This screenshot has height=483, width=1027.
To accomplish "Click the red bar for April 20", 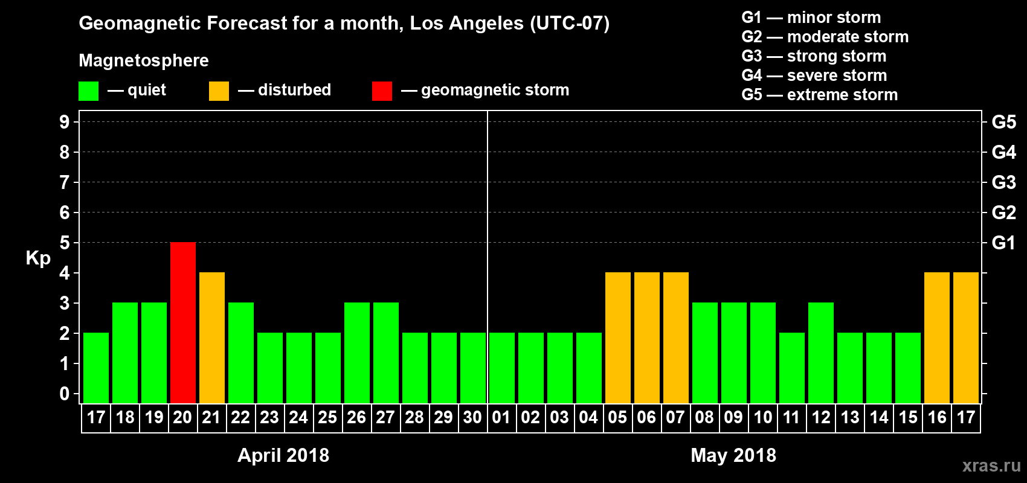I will [183, 322].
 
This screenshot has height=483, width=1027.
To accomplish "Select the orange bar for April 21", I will [212, 337].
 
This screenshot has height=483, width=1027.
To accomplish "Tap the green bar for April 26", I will [357, 353].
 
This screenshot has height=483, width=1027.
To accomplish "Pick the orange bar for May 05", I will [618, 337].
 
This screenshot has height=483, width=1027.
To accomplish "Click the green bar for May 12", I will [821, 353].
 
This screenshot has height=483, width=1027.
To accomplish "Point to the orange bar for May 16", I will [937, 337].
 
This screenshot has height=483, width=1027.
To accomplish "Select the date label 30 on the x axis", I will [472, 417].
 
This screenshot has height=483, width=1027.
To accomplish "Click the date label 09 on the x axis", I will [733, 417].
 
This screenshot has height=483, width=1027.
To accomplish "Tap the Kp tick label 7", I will [65, 182].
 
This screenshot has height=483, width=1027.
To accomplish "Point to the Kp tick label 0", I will [65, 394].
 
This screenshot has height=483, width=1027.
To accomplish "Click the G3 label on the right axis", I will [1003, 182].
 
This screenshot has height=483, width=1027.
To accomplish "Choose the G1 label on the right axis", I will [1003, 243].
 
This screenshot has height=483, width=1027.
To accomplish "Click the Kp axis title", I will [38, 258].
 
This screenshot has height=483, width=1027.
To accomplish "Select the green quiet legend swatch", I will [89, 91].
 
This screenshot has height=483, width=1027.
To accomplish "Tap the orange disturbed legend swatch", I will [219, 91].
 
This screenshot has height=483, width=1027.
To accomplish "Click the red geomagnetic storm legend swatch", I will [382, 91].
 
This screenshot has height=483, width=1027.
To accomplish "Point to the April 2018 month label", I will [283, 455].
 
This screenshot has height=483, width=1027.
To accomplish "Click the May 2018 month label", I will [733, 455].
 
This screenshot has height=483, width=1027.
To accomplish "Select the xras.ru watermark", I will [991, 465].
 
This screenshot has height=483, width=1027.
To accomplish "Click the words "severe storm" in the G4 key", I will [837, 75].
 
